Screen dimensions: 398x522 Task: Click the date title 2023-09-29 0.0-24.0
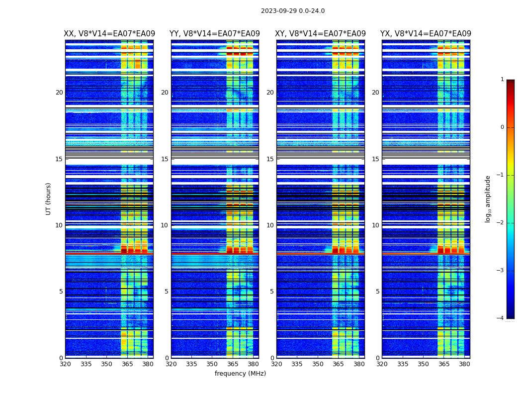coord(292,11)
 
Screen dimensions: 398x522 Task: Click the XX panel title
coord(109,34)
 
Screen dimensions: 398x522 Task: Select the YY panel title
coord(215,34)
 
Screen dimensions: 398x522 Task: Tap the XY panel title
coord(320,34)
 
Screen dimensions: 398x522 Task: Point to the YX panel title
coord(426,34)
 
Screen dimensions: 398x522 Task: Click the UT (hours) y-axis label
coord(49,199)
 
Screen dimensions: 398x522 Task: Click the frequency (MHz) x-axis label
coord(240,374)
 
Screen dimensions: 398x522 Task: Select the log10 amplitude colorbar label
coord(488,199)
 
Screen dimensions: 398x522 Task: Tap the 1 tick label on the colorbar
coord(502,80)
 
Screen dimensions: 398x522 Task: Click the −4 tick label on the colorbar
coord(501,318)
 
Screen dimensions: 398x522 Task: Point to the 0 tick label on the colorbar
coord(502,127)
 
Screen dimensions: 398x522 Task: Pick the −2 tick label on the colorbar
coord(501,223)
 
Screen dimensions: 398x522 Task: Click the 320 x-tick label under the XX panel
coord(65,364)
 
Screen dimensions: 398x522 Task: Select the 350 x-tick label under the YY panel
coord(212,364)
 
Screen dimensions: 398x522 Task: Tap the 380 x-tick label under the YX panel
coord(464,364)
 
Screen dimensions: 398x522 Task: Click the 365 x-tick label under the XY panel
coord(338,364)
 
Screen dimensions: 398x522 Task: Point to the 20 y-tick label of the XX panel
coord(59,93)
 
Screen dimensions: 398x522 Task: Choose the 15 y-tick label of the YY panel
coord(165,159)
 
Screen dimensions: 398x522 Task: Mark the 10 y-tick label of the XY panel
coord(270,225)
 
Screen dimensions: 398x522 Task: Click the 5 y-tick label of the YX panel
coord(377,292)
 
